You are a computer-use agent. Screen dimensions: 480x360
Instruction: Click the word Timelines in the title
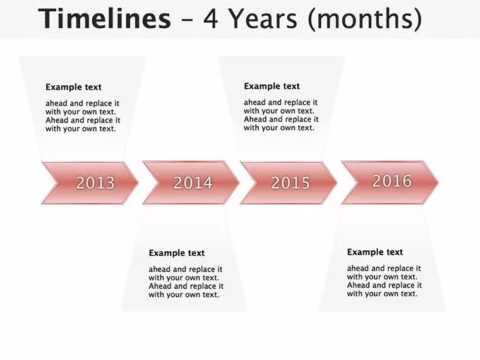pos(104,18)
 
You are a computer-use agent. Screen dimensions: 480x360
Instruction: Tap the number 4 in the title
pos(210,18)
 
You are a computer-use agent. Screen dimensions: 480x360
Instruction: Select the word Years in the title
pos(263,18)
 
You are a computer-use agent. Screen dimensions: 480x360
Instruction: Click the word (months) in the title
pos(365,20)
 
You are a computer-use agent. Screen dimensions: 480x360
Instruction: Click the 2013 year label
pos(95,183)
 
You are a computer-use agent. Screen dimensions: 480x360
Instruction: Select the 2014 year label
pos(193,183)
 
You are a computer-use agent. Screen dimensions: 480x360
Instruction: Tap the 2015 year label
pos(291,183)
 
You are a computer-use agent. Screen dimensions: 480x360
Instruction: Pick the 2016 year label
pos(392,181)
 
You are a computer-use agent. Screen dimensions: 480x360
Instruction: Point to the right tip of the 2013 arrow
pos(138,183)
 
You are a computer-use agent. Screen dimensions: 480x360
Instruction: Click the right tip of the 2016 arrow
pos(438,183)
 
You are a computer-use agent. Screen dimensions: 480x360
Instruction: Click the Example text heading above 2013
pos(73,87)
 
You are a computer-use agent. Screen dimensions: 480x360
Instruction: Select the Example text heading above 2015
pos(272,87)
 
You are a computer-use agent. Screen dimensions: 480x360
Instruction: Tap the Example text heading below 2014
pos(177,253)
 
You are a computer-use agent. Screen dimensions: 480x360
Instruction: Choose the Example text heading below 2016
pos(375,252)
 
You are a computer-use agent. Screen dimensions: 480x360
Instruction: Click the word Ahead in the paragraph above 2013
pos(57,120)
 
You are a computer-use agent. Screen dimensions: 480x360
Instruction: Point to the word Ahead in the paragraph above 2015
pos(256,119)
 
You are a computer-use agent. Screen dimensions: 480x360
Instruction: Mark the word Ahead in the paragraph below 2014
pos(160,286)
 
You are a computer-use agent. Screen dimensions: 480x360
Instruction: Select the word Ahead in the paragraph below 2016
pos(359,285)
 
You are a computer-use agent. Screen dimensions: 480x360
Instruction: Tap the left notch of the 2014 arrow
pos(158,183)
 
